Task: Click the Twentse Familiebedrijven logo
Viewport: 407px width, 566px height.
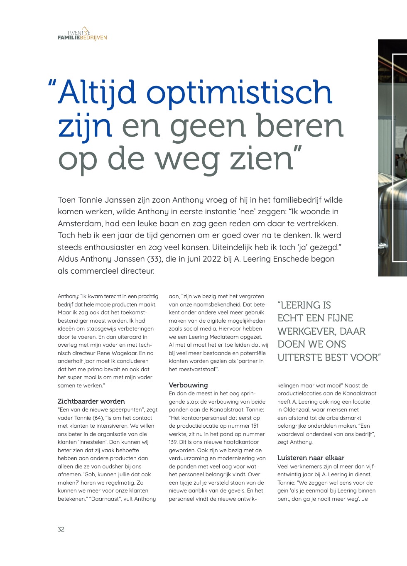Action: tap(82, 34)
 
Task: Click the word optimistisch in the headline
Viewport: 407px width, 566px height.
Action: tap(239, 92)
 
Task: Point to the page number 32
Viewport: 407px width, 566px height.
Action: tap(61, 529)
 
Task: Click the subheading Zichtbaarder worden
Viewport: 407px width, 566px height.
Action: tap(91, 401)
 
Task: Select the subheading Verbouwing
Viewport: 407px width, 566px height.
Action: tap(188, 385)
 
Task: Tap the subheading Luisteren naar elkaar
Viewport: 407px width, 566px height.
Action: tap(311, 458)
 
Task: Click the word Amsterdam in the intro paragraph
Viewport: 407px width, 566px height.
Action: tap(79, 223)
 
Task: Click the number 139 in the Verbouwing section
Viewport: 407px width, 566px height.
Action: tap(173, 442)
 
